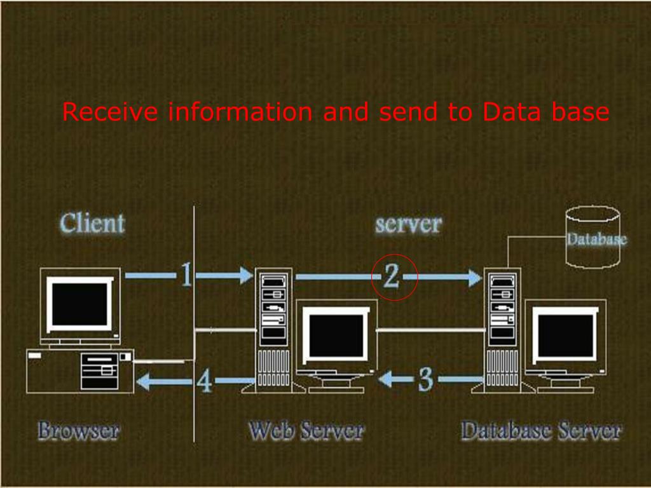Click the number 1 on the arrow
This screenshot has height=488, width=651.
point(186,275)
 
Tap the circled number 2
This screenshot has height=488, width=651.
point(392,276)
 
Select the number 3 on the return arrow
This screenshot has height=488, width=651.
point(425,379)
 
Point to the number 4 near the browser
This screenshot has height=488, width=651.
point(204,381)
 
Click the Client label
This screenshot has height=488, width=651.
point(93,224)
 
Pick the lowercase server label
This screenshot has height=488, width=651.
point(408,224)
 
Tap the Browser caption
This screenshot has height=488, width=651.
point(78,431)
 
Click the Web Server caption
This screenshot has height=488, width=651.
point(306,431)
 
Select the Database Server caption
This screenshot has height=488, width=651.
point(541,431)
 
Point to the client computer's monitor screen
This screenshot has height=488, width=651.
point(80,304)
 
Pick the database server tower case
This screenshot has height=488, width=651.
point(502,330)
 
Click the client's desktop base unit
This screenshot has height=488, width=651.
point(80,370)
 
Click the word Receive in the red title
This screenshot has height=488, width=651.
point(110,112)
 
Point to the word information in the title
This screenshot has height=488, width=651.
point(240,112)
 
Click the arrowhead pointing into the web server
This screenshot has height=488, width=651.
point(245,275)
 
